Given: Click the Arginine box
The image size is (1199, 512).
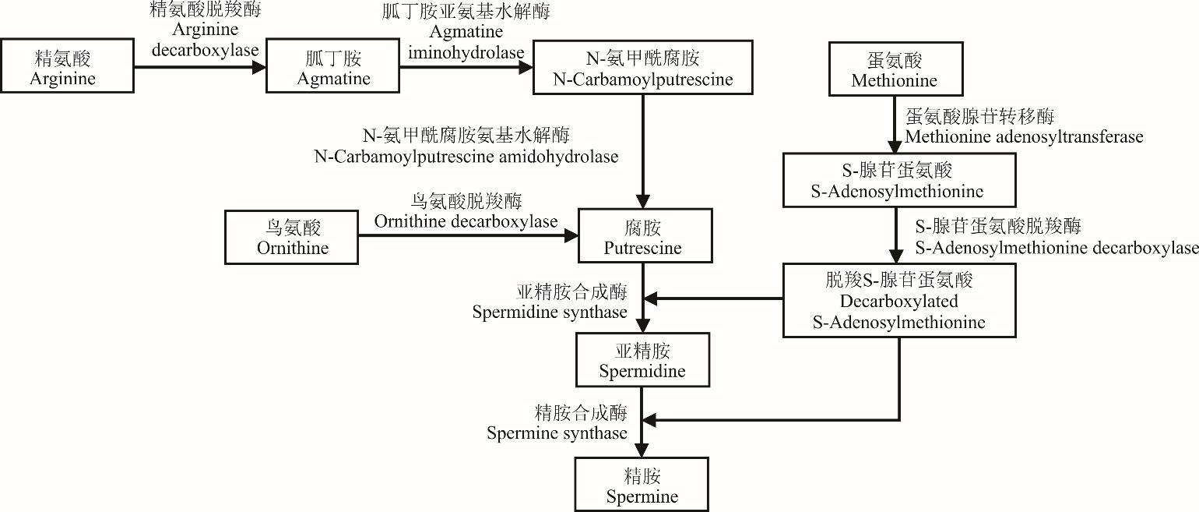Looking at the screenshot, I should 67,68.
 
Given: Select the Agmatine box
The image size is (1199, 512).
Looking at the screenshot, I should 332,68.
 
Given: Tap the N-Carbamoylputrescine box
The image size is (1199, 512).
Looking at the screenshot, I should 642,68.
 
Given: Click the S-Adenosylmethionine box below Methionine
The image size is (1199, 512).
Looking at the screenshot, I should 898,180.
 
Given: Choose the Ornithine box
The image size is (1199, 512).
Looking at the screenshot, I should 292,238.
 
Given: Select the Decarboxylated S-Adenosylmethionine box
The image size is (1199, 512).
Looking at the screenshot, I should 898,300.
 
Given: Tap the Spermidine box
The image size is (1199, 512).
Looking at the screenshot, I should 642,360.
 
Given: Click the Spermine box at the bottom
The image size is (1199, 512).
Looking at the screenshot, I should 642,485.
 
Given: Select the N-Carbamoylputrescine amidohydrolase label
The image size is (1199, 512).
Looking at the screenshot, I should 466,146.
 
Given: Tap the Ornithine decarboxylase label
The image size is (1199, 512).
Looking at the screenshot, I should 466,211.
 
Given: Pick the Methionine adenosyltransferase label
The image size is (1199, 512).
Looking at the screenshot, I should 1024,127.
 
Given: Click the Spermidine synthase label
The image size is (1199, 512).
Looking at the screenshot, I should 549,302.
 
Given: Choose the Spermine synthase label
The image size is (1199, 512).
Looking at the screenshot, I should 557,422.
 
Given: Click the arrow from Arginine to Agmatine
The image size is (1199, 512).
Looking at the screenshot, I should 199,68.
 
